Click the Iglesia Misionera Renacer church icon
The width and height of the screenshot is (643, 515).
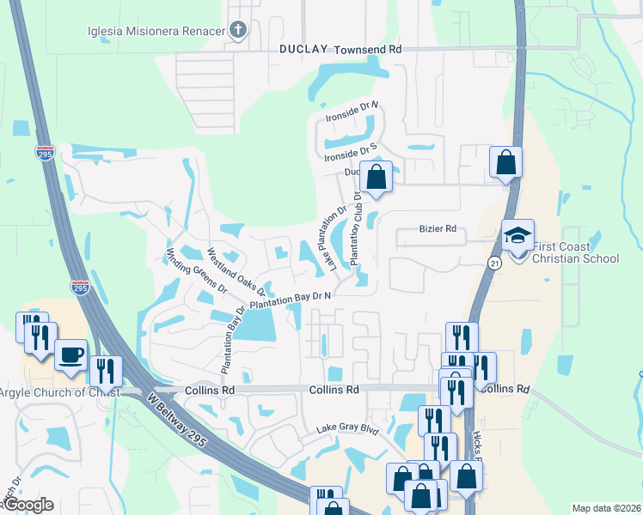(x=238, y=31)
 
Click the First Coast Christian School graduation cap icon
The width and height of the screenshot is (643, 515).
(x=517, y=234)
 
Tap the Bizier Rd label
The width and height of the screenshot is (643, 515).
(x=438, y=230)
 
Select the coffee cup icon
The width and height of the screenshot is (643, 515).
(x=70, y=353)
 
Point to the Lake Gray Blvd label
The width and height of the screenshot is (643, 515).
(x=347, y=428)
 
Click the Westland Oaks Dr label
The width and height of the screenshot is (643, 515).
(x=236, y=272)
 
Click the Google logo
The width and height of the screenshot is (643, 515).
(x=28, y=505)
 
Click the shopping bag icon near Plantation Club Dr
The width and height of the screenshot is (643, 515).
(x=377, y=177)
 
